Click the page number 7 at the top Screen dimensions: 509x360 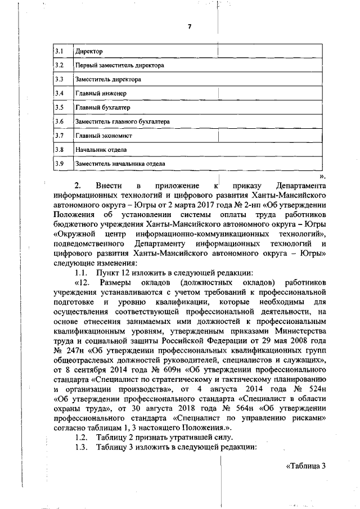[189, 27]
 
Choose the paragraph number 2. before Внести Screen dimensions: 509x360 [78, 186]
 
